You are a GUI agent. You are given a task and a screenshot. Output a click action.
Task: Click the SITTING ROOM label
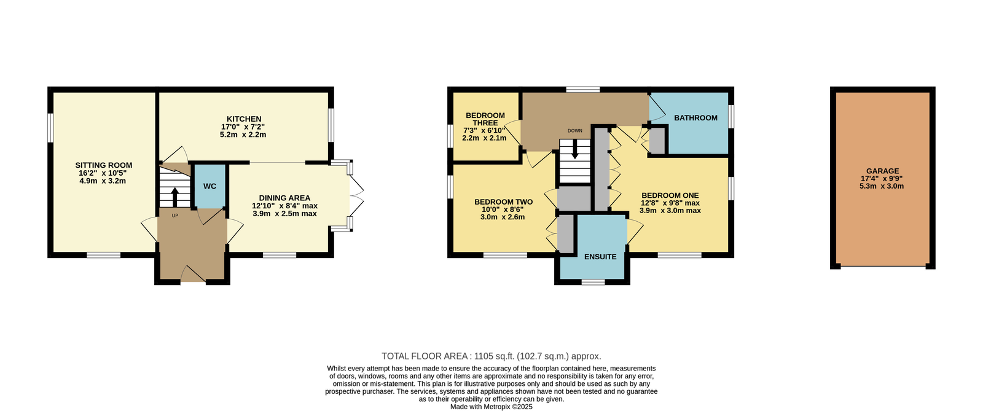pyautogui.click(x=104, y=165)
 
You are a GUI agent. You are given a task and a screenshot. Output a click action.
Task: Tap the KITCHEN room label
pyautogui.click(x=244, y=119)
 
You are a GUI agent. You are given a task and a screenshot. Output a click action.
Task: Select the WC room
pyautogui.click(x=210, y=186)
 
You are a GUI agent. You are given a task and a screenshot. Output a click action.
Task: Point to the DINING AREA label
pyautogui.click(x=284, y=198)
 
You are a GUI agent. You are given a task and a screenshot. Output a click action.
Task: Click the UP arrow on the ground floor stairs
pyautogui.click(x=174, y=197)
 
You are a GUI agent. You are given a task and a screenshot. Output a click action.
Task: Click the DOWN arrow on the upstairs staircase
pyautogui.click(x=575, y=150)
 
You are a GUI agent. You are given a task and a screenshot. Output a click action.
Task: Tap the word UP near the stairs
pyautogui.click(x=174, y=216)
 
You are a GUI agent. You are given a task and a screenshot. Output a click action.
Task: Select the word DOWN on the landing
pyautogui.click(x=575, y=131)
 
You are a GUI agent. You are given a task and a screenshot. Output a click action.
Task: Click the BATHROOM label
pyautogui.click(x=696, y=117)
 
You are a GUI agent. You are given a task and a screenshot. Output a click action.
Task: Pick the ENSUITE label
pyautogui.click(x=600, y=257)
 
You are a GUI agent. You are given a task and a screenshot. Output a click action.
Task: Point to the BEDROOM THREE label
pyautogui.click(x=485, y=119)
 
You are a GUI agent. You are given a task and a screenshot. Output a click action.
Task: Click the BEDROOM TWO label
pyautogui.click(x=503, y=202)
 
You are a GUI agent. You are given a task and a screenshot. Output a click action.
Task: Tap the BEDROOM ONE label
pyautogui.click(x=670, y=195)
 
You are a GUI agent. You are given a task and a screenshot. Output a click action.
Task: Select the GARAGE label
pyautogui.click(x=882, y=171)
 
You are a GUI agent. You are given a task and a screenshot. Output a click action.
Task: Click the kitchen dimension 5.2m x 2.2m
pyautogui.click(x=243, y=135)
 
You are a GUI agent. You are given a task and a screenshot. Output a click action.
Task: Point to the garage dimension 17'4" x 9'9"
pyautogui.click(x=882, y=179)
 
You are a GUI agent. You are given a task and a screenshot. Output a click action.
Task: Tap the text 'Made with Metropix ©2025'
pyautogui.click(x=491, y=407)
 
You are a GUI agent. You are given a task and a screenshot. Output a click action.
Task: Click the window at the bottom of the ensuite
pyautogui.click(x=593, y=282)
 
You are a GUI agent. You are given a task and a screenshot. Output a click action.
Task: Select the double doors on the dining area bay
pyautogui.click(x=357, y=196)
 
